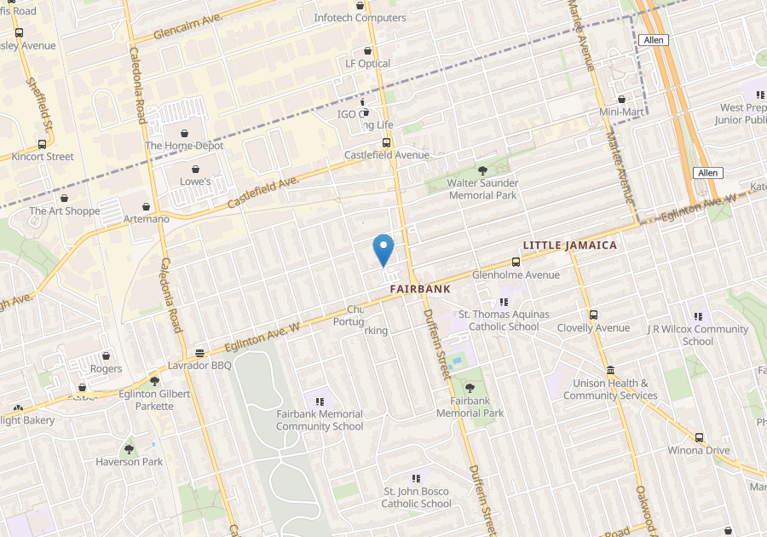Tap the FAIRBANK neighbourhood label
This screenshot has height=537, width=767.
(x=419, y=290)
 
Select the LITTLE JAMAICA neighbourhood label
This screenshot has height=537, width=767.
(x=569, y=245)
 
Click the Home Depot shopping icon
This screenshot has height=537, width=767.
(x=185, y=133)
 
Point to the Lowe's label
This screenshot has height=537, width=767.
(x=194, y=182)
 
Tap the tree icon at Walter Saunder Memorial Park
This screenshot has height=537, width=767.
(x=482, y=170)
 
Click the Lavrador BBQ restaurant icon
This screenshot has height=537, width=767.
(x=199, y=353)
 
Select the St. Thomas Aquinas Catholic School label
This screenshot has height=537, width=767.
(x=499, y=320)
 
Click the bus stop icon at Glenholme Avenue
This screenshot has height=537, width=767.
(x=516, y=263)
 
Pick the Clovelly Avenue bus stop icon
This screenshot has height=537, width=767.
(x=593, y=315)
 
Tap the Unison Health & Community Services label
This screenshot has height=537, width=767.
(x=610, y=390)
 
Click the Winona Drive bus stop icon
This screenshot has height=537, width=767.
(x=699, y=437)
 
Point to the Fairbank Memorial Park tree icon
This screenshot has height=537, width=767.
(x=470, y=388)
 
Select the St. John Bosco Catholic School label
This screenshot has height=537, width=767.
(x=417, y=498)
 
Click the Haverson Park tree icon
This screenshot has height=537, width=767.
(x=129, y=449)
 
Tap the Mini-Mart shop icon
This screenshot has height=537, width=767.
(x=621, y=100)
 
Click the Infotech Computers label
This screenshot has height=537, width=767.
(x=360, y=18)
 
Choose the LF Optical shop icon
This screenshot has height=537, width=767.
(x=367, y=51)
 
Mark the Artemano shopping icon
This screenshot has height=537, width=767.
(x=147, y=206)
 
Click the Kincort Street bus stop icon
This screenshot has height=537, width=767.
(x=42, y=144)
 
